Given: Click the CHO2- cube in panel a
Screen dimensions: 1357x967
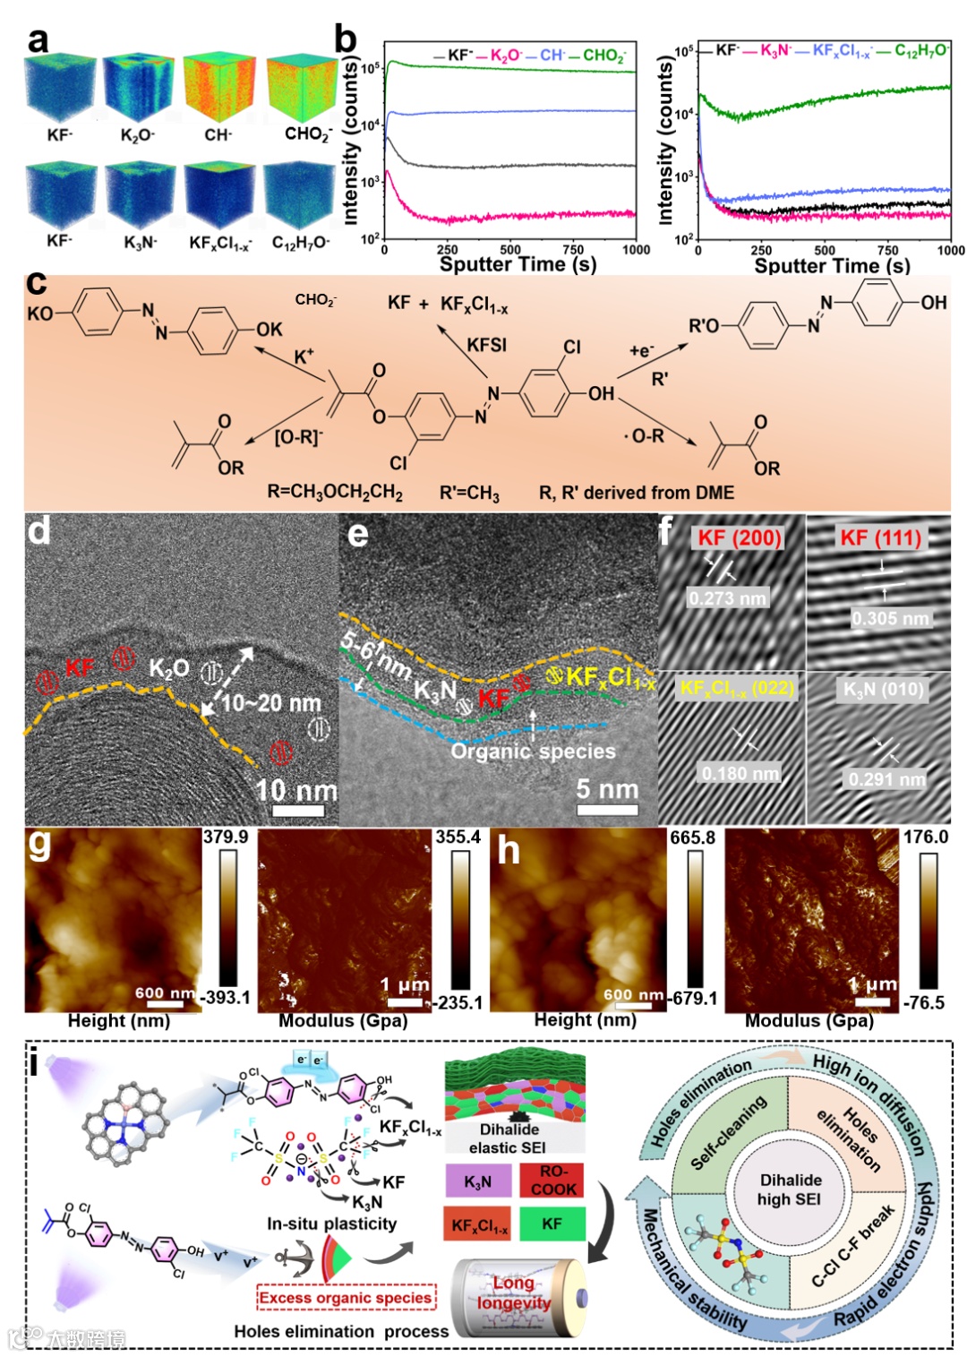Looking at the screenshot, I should pyautogui.click(x=302, y=88).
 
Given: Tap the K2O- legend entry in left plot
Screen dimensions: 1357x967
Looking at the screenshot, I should pyautogui.click(x=506, y=56).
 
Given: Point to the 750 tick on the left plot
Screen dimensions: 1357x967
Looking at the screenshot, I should pyautogui.click(x=573, y=250).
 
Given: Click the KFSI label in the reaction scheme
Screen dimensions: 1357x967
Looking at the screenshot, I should pyautogui.click(x=486, y=345).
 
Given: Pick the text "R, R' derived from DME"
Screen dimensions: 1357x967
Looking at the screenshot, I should pyautogui.click(x=636, y=493).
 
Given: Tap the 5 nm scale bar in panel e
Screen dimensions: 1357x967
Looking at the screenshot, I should pyautogui.click(x=607, y=810).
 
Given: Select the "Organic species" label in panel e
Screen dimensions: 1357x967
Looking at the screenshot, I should pyautogui.click(x=533, y=752).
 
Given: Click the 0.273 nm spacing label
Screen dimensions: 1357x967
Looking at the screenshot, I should pyautogui.click(x=727, y=598).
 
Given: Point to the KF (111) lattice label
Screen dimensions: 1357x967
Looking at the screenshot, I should pyautogui.click(x=880, y=537).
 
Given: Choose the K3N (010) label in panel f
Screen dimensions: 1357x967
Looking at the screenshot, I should pyautogui.click(x=883, y=690).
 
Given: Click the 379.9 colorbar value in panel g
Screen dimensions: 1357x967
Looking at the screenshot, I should pyautogui.click(x=226, y=837).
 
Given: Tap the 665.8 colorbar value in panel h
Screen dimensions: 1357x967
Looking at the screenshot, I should pyautogui.click(x=692, y=837).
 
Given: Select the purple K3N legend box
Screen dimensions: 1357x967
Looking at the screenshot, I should pyautogui.click(x=478, y=1181).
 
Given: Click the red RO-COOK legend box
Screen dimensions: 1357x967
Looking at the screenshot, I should pyautogui.click(x=552, y=1181).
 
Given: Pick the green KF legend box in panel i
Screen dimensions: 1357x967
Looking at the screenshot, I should pyautogui.click(x=552, y=1224).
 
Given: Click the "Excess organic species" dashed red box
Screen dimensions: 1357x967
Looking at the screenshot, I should pyautogui.click(x=347, y=1297).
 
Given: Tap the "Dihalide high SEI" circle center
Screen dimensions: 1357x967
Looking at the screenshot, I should pyautogui.click(x=790, y=1190).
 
